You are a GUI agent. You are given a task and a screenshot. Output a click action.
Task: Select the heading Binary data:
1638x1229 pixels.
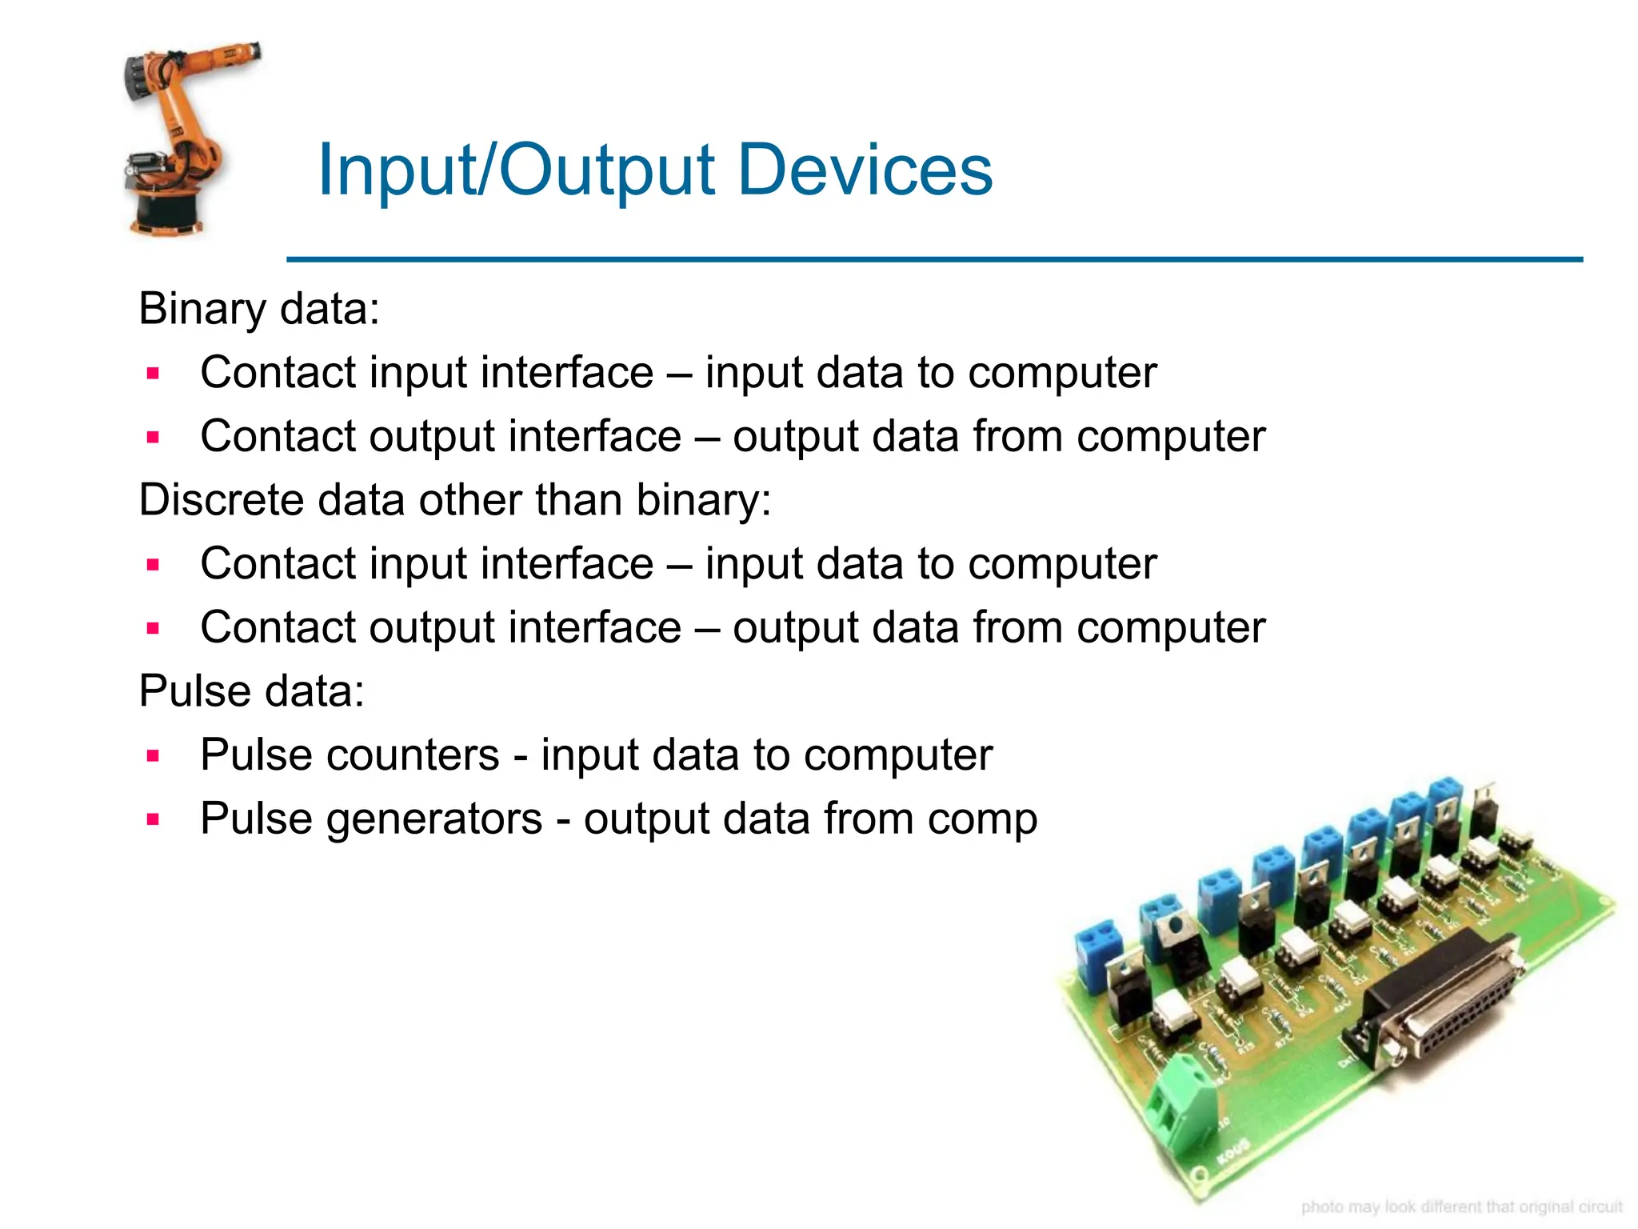tap(258, 309)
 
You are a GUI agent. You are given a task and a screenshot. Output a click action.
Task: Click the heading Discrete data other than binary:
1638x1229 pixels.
tap(454, 500)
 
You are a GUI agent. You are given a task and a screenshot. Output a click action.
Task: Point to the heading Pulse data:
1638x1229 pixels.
tap(251, 691)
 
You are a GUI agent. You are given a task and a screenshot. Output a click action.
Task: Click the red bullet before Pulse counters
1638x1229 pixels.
tap(154, 755)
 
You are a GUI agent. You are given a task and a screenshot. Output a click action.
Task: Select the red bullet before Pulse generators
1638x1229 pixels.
tap(154, 819)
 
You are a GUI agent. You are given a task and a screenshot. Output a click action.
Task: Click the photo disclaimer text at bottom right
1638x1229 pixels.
tap(1461, 1207)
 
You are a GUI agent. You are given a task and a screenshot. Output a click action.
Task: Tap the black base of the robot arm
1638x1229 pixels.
tap(169, 212)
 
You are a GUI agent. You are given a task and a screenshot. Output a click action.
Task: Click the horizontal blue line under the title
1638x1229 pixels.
tap(934, 259)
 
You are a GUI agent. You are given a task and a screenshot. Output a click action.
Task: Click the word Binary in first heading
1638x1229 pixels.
tap(202, 309)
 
